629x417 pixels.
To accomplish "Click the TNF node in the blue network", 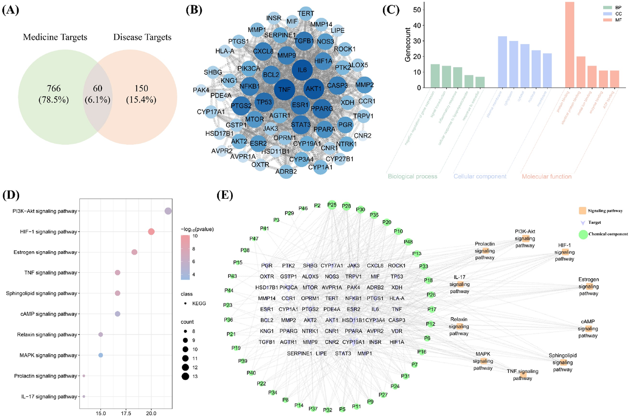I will pyautogui.click(x=284, y=89).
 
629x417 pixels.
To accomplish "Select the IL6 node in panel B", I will pyautogui.click(x=302, y=70).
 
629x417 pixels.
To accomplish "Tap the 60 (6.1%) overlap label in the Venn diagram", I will pyautogui.click(x=97, y=94).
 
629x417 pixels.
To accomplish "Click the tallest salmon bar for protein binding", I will pyautogui.click(x=570, y=45).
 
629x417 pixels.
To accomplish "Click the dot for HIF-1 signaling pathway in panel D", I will pyautogui.click(x=151, y=232).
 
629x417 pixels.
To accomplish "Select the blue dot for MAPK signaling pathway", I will pyautogui.click(x=100, y=355).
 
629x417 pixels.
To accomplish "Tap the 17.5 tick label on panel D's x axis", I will pyautogui.click(x=126, y=413).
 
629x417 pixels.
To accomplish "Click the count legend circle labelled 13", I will pyautogui.click(x=185, y=376).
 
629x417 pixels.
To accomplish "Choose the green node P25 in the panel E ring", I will pyautogui.click(x=332, y=205).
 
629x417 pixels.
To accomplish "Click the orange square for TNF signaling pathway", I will pyautogui.click(x=523, y=375).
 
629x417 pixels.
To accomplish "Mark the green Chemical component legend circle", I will pyautogui.click(x=583, y=234).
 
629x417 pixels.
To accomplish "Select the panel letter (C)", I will pyautogui.click(x=391, y=10).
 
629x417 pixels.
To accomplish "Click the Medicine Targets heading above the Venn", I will pyautogui.click(x=55, y=37).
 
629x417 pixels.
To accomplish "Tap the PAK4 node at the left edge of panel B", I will pyautogui.click(x=201, y=90).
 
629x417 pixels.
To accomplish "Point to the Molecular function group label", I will pyautogui.click(x=546, y=176).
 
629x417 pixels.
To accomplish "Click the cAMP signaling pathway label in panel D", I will pyautogui.click(x=49, y=314).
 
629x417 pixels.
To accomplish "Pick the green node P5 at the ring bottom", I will pyautogui.click(x=342, y=409).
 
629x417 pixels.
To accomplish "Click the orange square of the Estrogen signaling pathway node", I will pyautogui.click(x=589, y=286).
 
